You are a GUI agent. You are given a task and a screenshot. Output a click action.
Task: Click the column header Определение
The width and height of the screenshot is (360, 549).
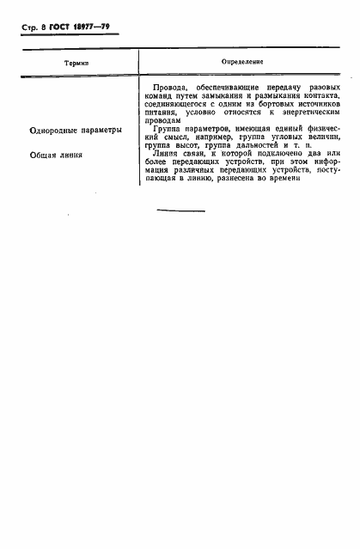(242, 63)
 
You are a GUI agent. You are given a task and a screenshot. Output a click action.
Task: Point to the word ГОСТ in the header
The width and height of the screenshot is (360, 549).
(59, 27)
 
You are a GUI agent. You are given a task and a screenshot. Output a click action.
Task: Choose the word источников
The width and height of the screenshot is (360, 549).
(315, 111)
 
